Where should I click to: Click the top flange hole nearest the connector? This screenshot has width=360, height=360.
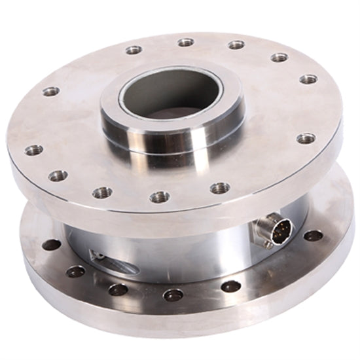[x=306, y=139]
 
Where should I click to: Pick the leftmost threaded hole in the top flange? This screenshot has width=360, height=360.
[x=34, y=150]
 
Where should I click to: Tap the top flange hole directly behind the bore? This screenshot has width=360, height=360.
[x=186, y=43]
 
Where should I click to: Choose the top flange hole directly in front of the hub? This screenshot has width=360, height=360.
[x=160, y=196]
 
